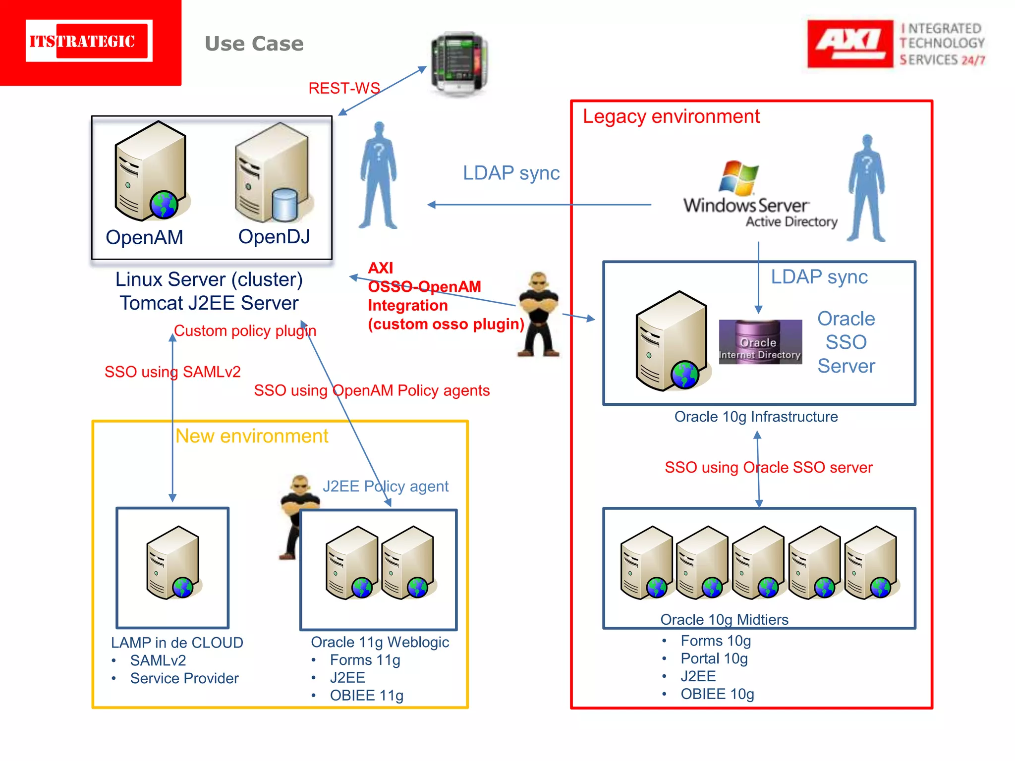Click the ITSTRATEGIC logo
click(x=89, y=41)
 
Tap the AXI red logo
click(x=849, y=44)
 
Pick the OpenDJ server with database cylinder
click(x=273, y=173)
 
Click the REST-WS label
click(x=344, y=88)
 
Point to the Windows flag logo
click(x=738, y=178)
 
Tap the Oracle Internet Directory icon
click(x=760, y=342)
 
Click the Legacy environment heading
click(x=671, y=117)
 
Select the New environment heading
click(x=252, y=436)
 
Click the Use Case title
click(x=254, y=44)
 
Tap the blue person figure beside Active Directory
click(x=866, y=188)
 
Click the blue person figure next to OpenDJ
click(x=379, y=176)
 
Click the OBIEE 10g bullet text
click(x=717, y=694)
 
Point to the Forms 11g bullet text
click(x=365, y=660)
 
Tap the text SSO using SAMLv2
click(x=172, y=372)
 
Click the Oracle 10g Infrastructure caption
click(x=756, y=417)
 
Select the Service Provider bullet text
click(x=184, y=678)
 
